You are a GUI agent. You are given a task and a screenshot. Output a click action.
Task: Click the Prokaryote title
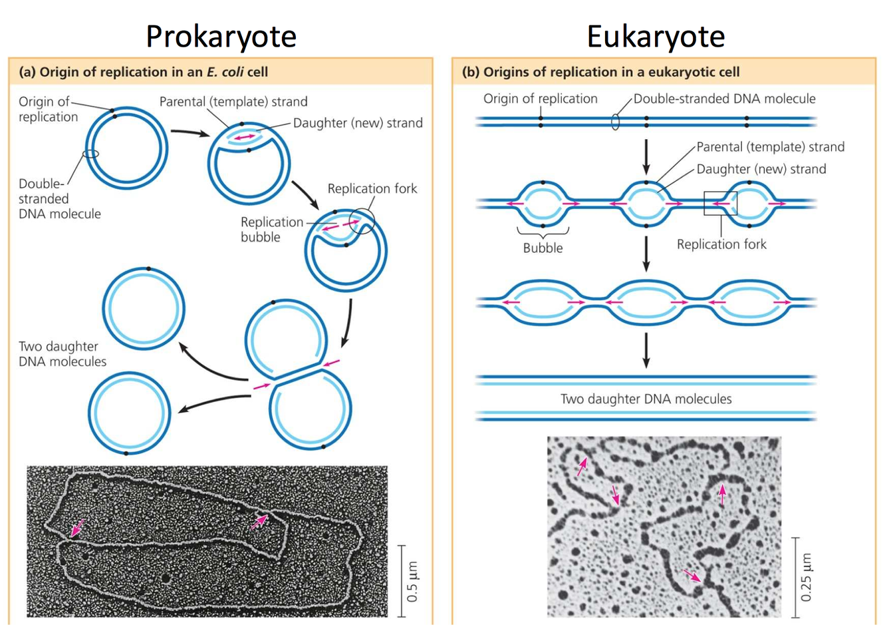[x=221, y=36]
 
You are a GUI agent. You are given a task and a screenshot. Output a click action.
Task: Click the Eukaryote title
[x=656, y=36]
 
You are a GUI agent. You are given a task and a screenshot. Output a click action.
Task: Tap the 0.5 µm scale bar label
[x=413, y=581]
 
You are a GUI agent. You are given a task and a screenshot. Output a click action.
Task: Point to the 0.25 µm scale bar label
[x=806, y=576]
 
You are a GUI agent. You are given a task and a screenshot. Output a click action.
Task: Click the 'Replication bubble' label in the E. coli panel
[x=271, y=229]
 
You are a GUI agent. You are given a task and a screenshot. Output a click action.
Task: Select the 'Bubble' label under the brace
[x=543, y=248]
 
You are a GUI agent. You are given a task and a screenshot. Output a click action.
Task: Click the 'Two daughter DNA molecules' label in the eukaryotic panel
[x=646, y=399]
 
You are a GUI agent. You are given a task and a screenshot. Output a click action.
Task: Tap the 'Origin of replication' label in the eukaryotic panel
[x=540, y=99]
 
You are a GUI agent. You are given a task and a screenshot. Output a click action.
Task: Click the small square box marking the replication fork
[x=721, y=203]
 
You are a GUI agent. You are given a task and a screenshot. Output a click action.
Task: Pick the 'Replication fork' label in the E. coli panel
[x=372, y=188]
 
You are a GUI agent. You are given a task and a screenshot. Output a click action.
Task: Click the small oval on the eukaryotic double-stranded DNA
[x=616, y=122]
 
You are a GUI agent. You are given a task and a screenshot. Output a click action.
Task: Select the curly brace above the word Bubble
[x=543, y=232]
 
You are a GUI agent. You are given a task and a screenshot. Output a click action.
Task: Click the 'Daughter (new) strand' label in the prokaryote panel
[x=358, y=123]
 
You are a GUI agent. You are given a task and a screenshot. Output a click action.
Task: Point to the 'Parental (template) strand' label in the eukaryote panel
[x=770, y=146]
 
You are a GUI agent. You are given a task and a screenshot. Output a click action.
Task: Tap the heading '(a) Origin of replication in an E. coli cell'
[x=143, y=72]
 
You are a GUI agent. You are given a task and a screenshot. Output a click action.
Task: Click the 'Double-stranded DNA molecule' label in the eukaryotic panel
[x=724, y=99]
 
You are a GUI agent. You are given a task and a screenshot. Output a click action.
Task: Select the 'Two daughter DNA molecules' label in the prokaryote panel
[x=62, y=353]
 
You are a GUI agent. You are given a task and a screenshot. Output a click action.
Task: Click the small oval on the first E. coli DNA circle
[x=91, y=154]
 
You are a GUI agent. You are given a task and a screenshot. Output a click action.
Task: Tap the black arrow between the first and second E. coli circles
[x=190, y=132]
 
